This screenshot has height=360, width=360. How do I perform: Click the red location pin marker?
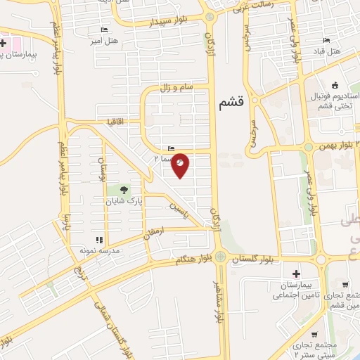coord(180,164)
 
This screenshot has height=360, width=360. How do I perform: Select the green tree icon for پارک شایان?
coord(124,190)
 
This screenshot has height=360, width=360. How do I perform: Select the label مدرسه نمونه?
coord(96,250)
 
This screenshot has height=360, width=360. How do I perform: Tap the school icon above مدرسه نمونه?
coord(98,240)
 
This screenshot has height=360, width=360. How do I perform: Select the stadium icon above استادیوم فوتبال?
coord(334,86)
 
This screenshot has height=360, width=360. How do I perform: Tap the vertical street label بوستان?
coord(101,168)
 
